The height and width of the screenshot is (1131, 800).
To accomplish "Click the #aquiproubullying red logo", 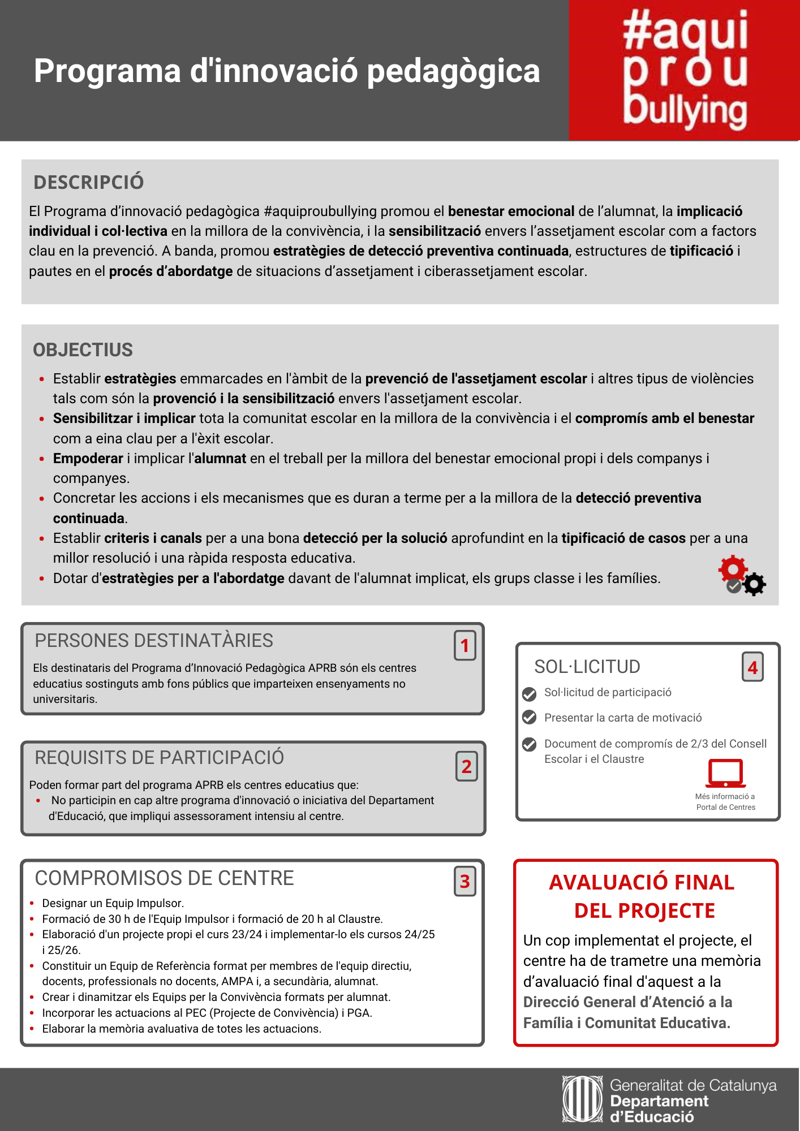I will click(x=684, y=70).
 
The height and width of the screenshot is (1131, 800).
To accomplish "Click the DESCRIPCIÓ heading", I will click(x=88, y=182).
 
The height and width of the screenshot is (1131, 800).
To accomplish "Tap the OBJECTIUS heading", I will click(x=83, y=350).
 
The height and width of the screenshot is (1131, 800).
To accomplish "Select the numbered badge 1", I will click(x=464, y=646).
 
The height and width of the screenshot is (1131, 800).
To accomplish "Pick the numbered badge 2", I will click(x=466, y=767).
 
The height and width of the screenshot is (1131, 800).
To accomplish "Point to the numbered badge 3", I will click(x=464, y=881).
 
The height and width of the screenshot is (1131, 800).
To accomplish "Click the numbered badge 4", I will click(x=752, y=667).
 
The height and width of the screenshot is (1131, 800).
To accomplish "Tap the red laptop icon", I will click(x=725, y=774).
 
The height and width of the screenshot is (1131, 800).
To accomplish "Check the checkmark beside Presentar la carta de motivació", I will click(x=529, y=718).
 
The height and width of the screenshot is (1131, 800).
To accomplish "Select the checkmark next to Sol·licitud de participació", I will click(x=529, y=693).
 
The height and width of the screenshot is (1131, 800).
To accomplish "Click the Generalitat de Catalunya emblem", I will click(x=582, y=1099).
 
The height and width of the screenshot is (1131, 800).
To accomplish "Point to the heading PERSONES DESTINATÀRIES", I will click(x=154, y=641).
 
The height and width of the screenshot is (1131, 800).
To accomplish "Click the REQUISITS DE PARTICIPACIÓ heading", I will click(x=160, y=758).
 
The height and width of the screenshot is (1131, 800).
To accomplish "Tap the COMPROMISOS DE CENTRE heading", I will click(x=164, y=878).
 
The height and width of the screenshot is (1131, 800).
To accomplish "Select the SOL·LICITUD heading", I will click(x=587, y=667).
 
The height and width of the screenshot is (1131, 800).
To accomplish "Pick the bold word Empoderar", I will click(x=88, y=459).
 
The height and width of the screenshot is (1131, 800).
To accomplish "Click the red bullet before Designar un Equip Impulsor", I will click(x=32, y=904).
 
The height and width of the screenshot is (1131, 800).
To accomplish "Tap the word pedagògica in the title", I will click(x=453, y=72).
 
